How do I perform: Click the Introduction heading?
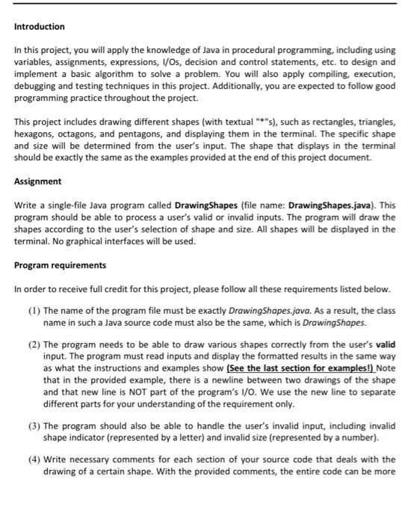[x=40, y=26]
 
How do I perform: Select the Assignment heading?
[x=38, y=182]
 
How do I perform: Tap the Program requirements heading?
[x=61, y=264]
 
